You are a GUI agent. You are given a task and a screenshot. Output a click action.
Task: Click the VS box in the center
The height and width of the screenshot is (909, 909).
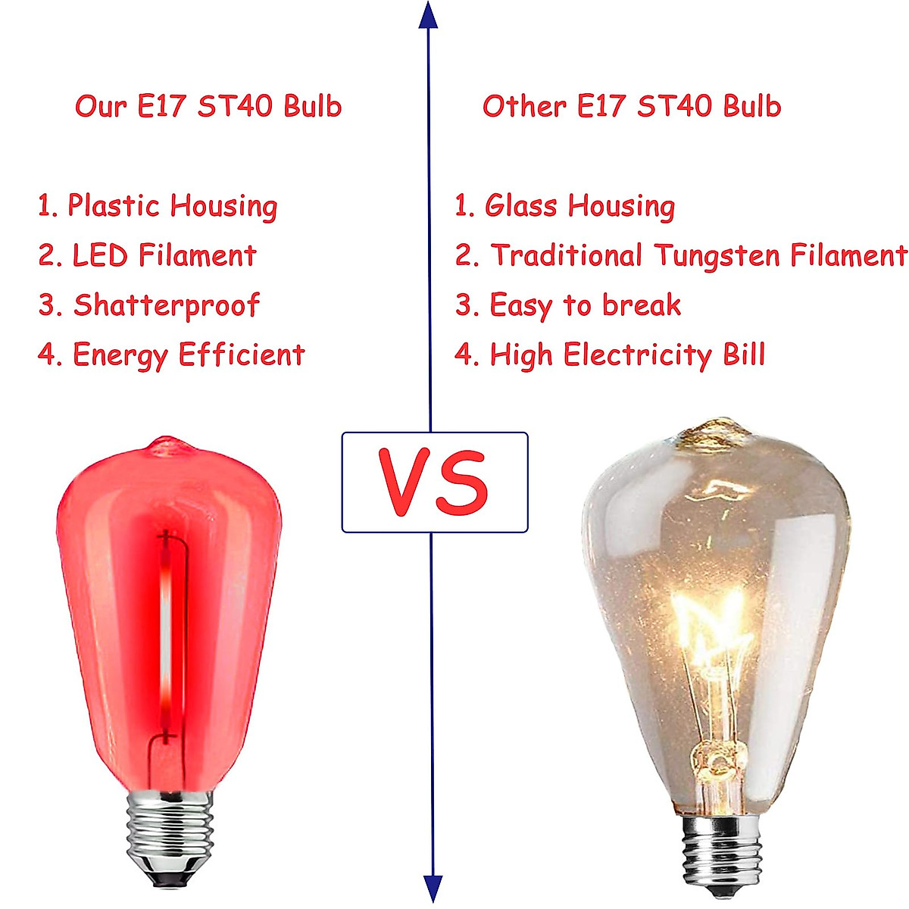pyautogui.click(x=434, y=483)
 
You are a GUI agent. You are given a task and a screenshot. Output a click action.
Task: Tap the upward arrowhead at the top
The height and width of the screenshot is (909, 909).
pyautogui.click(x=429, y=16)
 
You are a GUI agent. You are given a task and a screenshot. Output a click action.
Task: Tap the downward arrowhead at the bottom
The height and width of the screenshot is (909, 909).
pyautogui.click(x=432, y=888)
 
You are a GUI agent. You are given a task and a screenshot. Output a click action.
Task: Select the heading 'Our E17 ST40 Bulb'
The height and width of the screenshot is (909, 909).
pyautogui.click(x=208, y=106)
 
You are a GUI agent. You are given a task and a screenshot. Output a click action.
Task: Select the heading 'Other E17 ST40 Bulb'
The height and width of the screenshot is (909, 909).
pyautogui.click(x=631, y=106)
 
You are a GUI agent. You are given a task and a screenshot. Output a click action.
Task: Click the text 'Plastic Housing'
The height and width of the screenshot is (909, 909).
pyautogui.click(x=172, y=206)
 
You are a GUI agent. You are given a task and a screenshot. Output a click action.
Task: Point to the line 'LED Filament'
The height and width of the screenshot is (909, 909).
pyautogui.click(x=164, y=256)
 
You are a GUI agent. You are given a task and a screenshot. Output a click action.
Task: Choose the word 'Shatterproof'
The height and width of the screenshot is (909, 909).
pyautogui.click(x=166, y=305)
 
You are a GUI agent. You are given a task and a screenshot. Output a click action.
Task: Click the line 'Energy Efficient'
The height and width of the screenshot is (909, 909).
pyautogui.click(x=188, y=355)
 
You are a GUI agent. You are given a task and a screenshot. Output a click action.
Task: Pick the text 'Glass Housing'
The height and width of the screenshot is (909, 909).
pyautogui.click(x=579, y=206)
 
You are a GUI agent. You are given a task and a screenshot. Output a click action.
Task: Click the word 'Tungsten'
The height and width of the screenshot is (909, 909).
pyautogui.click(x=717, y=256)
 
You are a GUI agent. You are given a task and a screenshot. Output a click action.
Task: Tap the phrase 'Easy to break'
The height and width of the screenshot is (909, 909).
pyautogui.click(x=585, y=305)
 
